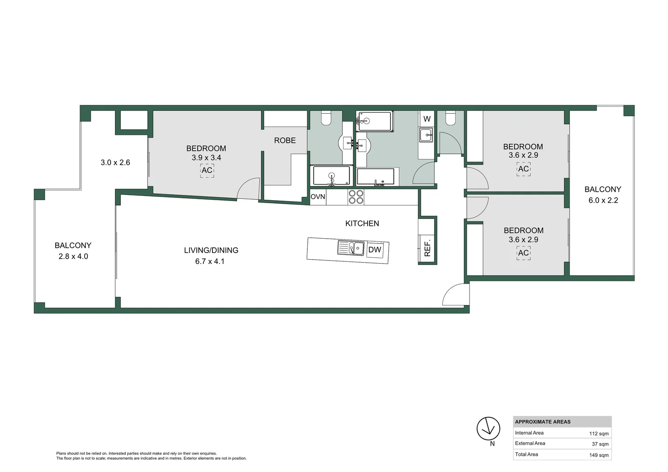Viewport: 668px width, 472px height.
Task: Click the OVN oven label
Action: click(318, 197)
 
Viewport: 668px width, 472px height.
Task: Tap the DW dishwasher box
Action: click(375, 250)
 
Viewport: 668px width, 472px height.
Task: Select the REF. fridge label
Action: click(427, 248)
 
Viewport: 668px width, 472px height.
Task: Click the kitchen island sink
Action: click(351, 248)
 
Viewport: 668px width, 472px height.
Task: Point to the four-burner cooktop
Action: click(356, 197)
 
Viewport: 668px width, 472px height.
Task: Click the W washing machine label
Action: click(427, 119)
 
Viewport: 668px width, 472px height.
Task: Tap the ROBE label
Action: click(285, 140)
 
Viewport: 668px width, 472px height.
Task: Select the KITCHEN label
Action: click(362, 223)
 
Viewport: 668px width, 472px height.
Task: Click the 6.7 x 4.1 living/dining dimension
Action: click(210, 261)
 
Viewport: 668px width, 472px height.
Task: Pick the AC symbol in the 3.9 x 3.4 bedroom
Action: click(207, 170)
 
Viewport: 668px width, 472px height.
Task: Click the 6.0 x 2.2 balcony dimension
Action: click(603, 200)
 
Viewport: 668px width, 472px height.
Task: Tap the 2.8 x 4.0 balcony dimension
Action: click(73, 257)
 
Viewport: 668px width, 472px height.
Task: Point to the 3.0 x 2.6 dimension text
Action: click(115, 163)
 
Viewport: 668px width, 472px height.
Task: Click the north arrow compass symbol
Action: click(488, 429)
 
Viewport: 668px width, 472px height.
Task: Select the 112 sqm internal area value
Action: click(598, 434)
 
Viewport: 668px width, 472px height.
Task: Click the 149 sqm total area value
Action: click(598, 455)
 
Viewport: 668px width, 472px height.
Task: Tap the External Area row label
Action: click(530, 443)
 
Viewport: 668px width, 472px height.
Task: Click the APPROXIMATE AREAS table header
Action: click(543, 422)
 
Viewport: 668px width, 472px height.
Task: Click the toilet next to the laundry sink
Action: click(451, 118)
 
